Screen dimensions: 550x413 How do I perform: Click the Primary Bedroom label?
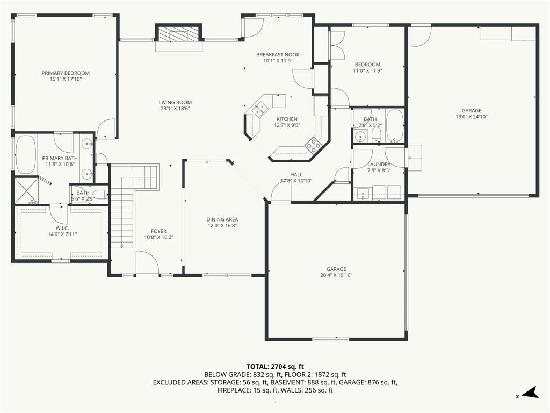click(66, 73)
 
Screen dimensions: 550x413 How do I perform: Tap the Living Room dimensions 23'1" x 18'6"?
click(176, 109)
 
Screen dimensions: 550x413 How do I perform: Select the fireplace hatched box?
click(179, 34)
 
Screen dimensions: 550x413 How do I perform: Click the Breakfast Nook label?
click(278, 55)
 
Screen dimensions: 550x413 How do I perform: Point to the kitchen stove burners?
click(313, 144)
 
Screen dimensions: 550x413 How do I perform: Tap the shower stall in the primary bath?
click(26, 191)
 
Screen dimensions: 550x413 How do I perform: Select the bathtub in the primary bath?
click(26, 155)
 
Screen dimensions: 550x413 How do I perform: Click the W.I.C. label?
click(62, 228)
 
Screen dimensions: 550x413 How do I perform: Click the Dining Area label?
click(222, 219)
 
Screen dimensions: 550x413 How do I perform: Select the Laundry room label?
click(379, 165)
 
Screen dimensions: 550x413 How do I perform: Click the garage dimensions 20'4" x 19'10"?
click(336, 275)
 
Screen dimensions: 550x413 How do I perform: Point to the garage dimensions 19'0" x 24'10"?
click(472, 117)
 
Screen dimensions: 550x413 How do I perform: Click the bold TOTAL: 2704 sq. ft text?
click(275, 367)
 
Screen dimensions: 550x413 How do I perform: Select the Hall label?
click(296, 175)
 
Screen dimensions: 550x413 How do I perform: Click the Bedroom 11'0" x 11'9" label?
click(367, 67)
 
